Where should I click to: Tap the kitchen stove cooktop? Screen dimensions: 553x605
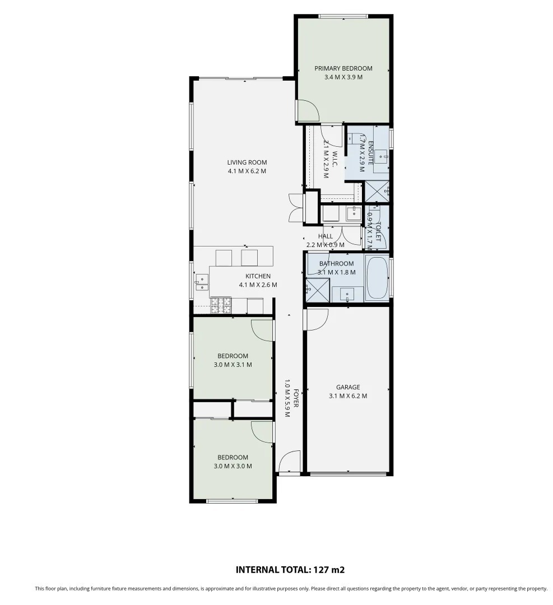[x=221, y=305]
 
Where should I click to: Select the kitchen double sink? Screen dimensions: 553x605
[x=202, y=282]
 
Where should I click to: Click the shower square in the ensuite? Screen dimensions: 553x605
[x=377, y=191]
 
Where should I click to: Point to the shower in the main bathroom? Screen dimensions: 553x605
[x=318, y=290]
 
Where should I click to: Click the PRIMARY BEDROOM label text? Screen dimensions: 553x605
[x=343, y=68]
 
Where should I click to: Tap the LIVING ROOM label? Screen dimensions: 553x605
[x=247, y=162]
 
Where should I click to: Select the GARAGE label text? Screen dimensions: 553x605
[x=348, y=387]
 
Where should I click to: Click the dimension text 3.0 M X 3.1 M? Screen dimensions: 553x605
[x=233, y=365]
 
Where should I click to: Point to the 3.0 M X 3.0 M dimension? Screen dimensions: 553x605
[x=233, y=466]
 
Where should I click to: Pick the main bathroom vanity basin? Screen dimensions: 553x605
[x=347, y=295]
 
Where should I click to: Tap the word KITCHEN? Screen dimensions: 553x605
[x=258, y=276]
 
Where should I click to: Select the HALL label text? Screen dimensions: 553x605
[x=326, y=236]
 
